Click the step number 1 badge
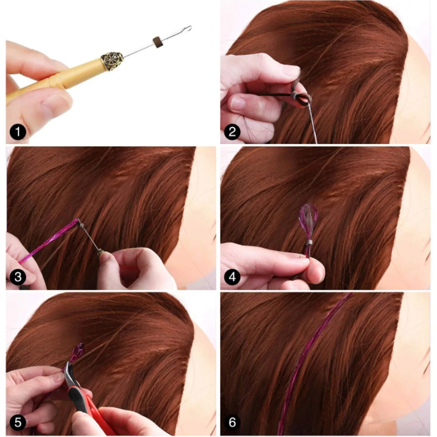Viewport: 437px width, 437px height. [x=18, y=132]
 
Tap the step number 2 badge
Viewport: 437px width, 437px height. [x=232, y=132]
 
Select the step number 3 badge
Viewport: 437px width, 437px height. [x=18, y=277]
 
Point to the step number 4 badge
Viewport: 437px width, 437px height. [x=232, y=277]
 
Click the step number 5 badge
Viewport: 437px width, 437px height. [x=18, y=422]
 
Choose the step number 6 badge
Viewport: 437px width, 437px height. [x=232, y=422]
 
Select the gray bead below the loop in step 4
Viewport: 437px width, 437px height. [x=309, y=242]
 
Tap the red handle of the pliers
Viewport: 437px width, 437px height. [x=90, y=404]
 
